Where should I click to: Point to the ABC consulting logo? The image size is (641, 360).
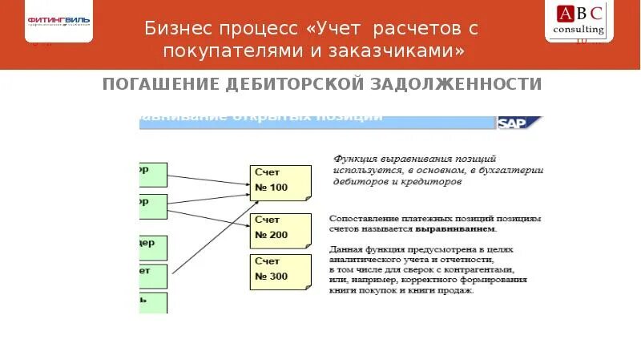[580, 21]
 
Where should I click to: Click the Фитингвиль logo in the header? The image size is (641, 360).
[58, 21]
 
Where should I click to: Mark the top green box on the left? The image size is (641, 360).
[152, 174]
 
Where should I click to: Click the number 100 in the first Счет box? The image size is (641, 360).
[277, 188]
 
